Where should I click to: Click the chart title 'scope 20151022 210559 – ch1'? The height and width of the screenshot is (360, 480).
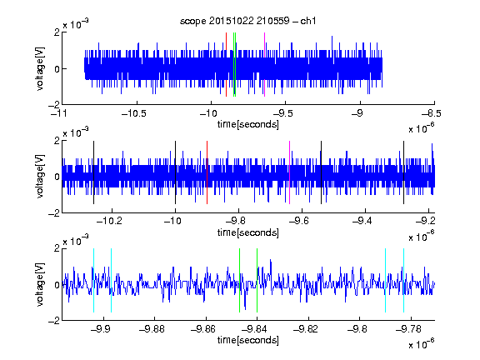[x=247, y=21]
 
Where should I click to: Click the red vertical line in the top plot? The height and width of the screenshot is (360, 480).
[x=226, y=64]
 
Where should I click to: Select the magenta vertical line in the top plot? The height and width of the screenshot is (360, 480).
[x=264, y=64]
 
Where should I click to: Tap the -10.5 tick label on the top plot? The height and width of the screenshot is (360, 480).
[x=134, y=113]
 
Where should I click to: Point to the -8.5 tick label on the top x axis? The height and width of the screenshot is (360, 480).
[x=431, y=113]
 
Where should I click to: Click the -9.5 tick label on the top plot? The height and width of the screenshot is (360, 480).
[x=282, y=113]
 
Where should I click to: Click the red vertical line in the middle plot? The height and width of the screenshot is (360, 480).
[x=207, y=172]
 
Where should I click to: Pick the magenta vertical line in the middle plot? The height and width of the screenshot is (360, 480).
[x=290, y=172]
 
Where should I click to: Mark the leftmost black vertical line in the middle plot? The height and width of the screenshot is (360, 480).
[x=93, y=172]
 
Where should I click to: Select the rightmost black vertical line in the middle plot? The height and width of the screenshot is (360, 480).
[x=404, y=172]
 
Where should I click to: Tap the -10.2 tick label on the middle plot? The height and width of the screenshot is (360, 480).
[x=109, y=221]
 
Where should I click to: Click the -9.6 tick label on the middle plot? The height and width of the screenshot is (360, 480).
[x=299, y=221]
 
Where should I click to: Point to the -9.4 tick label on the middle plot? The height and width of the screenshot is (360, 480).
[x=362, y=221]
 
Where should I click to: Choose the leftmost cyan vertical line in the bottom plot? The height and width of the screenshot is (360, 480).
[x=93, y=280]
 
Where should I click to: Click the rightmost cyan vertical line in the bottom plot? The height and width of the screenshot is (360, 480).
[x=404, y=280]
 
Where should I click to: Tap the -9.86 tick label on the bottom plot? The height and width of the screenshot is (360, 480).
[x=203, y=329]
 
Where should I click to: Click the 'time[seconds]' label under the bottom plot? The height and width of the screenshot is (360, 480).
[x=248, y=340]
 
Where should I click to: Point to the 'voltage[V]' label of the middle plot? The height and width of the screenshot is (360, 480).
[x=40, y=176]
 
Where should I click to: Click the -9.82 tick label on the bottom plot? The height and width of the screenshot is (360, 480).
[x=306, y=329]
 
